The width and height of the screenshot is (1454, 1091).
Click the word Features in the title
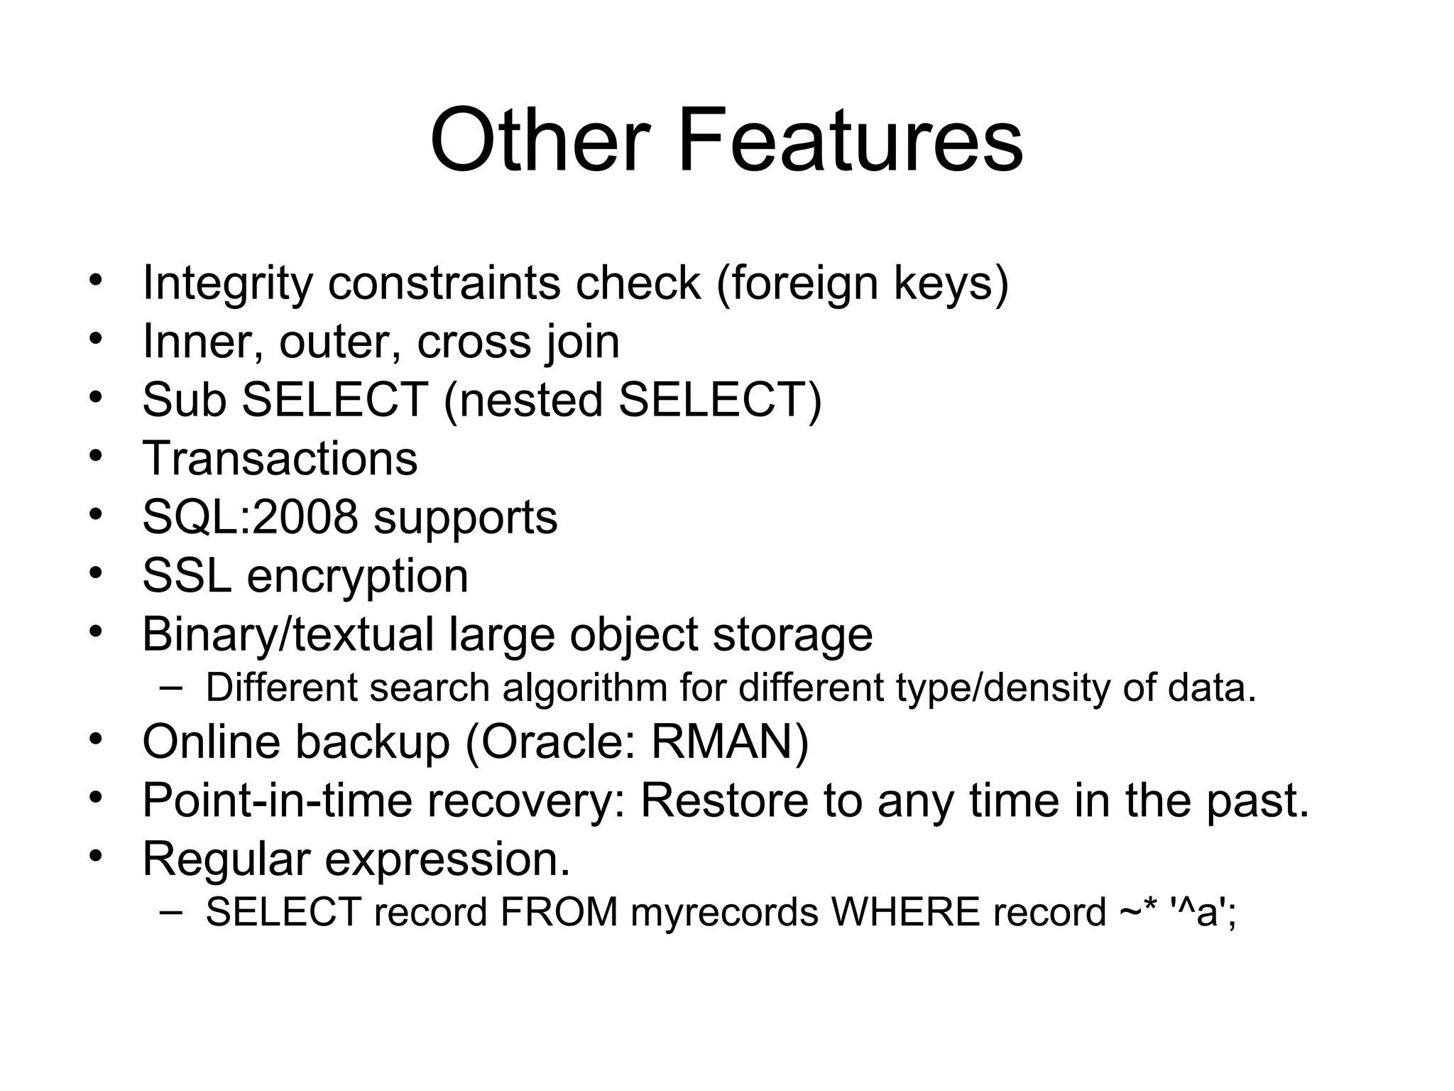click(x=851, y=140)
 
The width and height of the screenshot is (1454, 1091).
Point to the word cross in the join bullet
click(x=474, y=342)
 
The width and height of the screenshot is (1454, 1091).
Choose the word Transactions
click(x=280, y=459)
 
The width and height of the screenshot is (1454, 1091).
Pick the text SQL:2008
click(x=250, y=517)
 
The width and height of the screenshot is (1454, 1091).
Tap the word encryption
click(x=357, y=577)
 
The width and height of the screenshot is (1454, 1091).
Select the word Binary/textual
click(x=288, y=634)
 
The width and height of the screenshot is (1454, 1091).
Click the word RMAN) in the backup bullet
click(x=730, y=742)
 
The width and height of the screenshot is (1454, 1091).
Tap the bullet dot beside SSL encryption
click(x=97, y=571)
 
